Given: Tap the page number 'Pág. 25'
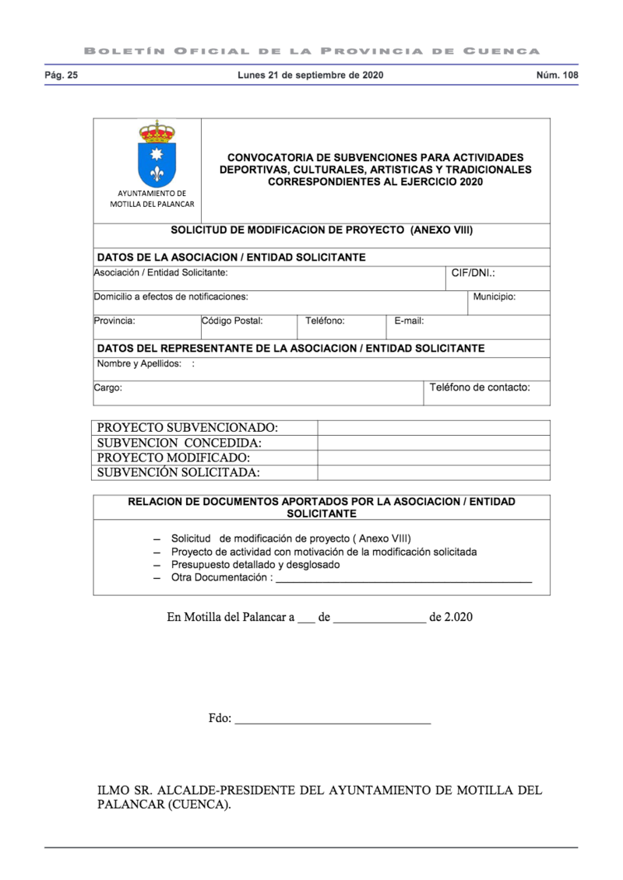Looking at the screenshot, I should [61, 75].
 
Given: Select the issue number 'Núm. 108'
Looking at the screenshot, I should [558, 75].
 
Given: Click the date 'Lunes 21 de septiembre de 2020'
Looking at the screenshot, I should [310, 75].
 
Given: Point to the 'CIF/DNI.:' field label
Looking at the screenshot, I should [473, 274].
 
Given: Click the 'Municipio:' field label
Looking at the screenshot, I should [494, 296].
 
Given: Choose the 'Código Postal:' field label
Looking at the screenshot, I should [232, 320].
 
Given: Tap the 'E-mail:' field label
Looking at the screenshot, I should [409, 321].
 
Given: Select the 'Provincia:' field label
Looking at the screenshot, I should [114, 320].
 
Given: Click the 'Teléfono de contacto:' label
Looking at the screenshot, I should [480, 387].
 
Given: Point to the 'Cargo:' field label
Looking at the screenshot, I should [107, 387].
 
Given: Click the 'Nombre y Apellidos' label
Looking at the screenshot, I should [139, 363].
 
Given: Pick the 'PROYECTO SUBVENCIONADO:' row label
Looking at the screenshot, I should [187, 428].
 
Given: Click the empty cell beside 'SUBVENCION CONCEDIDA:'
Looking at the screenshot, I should [433, 443].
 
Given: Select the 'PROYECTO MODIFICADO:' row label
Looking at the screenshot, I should [173, 458].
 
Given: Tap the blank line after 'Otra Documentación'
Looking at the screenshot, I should [404, 579].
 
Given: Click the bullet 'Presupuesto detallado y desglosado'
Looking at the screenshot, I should [255, 565].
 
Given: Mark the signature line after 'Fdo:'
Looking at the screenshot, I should [333, 720].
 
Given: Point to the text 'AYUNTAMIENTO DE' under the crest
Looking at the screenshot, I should [152, 193].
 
